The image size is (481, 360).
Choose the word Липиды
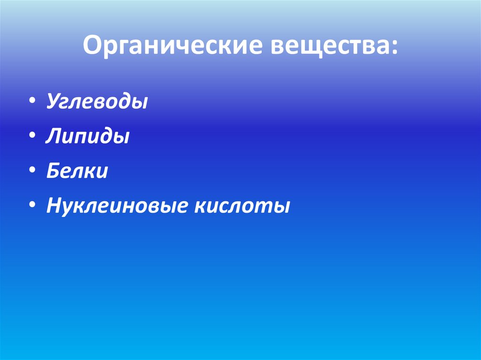point(88,137)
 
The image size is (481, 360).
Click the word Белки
point(77,171)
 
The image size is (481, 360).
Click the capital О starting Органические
point(92,47)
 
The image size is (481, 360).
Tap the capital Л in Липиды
point(53,137)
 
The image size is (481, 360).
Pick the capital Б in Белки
point(53,171)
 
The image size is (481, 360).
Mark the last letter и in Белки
point(103,172)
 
